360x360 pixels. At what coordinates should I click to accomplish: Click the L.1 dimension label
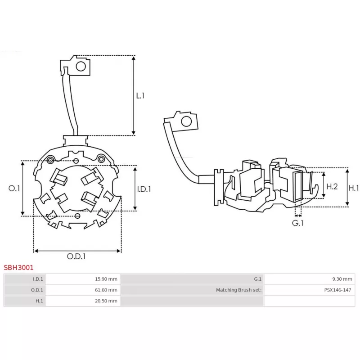(x=140, y=95)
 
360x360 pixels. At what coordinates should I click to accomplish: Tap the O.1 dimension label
(x=14, y=189)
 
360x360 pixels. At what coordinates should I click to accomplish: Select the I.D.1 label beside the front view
(x=144, y=189)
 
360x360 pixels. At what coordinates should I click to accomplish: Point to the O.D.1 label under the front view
(x=76, y=256)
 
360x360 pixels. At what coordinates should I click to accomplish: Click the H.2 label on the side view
(x=332, y=186)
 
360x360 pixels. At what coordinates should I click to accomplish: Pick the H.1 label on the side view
(x=354, y=188)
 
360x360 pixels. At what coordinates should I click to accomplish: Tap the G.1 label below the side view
(x=297, y=223)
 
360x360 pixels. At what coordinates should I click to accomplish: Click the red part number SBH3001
(x=18, y=267)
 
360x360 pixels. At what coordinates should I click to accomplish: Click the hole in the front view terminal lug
(x=81, y=67)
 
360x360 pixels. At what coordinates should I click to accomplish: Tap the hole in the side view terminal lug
(x=185, y=121)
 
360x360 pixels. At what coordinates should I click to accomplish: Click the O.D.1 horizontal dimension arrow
(x=77, y=251)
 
